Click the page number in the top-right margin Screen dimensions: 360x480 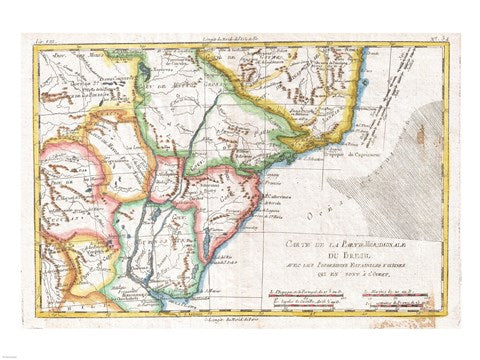439,38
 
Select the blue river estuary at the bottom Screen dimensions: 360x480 150,296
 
